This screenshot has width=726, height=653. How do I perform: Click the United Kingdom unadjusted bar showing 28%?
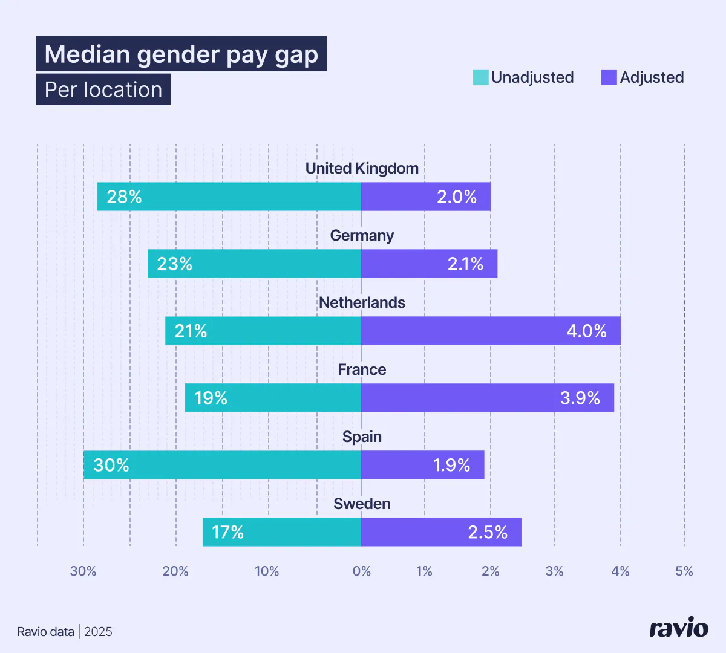tap(229, 197)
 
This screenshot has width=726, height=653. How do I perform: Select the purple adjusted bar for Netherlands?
tap(491, 331)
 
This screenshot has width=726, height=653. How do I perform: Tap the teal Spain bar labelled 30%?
tap(222, 465)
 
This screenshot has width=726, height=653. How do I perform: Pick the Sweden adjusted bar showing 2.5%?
tap(441, 532)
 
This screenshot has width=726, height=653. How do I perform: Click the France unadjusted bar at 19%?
tap(273, 398)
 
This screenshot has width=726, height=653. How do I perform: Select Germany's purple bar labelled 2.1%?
tap(429, 264)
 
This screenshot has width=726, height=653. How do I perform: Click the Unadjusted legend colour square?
tap(480, 77)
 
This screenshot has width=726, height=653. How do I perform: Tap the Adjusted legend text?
tap(652, 77)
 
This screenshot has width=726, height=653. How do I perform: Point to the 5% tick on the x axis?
tap(684, 571)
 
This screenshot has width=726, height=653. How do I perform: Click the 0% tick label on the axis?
tap(362, 571)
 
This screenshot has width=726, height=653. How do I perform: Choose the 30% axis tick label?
tap(83, 571)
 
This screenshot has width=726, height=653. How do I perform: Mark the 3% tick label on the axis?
tap(554, 571)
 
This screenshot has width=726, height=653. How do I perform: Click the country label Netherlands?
tap(362, 302)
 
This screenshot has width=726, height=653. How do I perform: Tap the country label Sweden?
tap(362, 504)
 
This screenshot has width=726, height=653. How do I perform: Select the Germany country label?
tap(362, 235)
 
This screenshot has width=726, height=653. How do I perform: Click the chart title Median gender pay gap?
tap(181, 54)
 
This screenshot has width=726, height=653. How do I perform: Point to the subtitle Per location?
tap(103, 89)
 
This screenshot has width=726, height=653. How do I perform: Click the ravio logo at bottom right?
tap(679, 629)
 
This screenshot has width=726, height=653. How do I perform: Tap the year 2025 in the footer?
tap(98, 632)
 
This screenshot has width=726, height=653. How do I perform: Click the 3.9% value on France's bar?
tap(580, 398)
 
